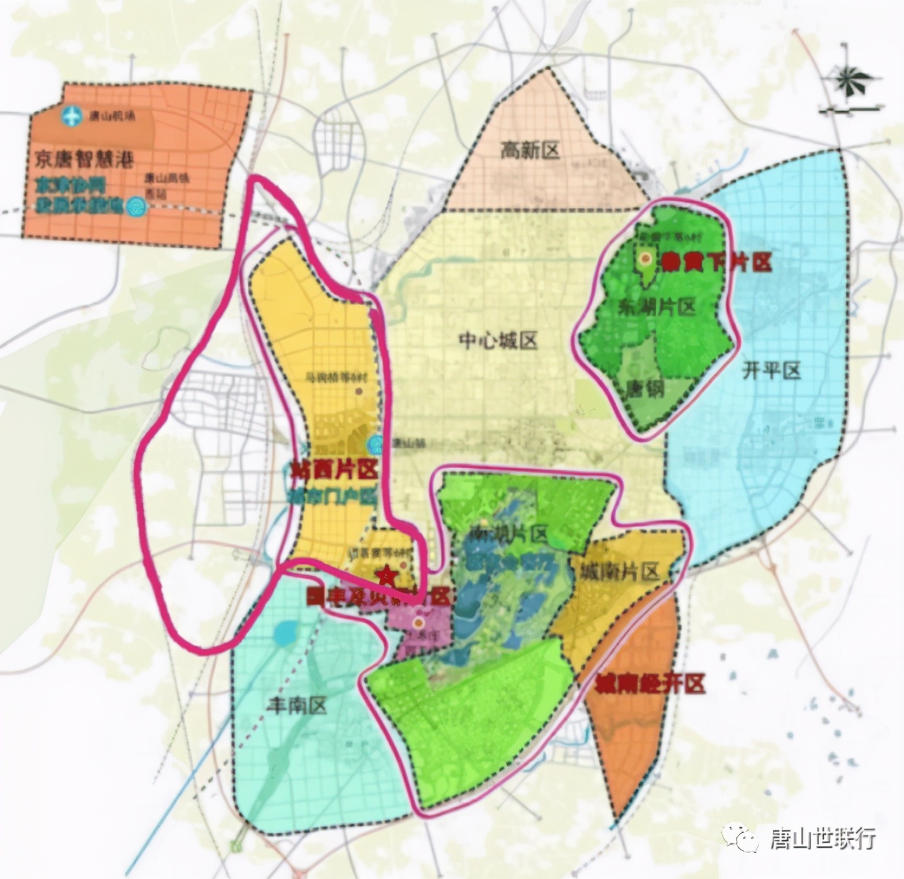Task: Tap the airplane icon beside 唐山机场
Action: pos(72,117)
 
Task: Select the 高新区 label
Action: pos(530,151)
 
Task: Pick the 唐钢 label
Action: pos(644,390)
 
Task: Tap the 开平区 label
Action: pos(771,371)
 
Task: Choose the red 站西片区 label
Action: pos(333,469)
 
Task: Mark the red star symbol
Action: pos(386,575)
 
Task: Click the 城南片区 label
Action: pos(620,572)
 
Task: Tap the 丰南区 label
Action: pos(297,704)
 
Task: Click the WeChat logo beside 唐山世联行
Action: pos(740,837)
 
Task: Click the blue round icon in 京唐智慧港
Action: pos(136,207)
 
